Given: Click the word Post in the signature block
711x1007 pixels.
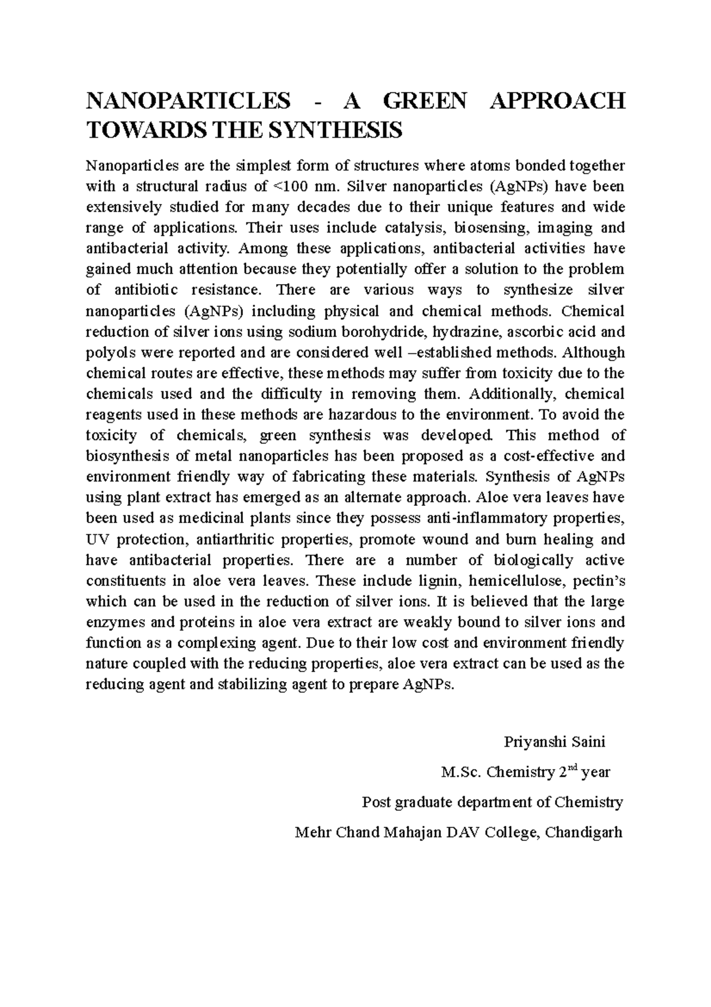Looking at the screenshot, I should coord(375,803).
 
